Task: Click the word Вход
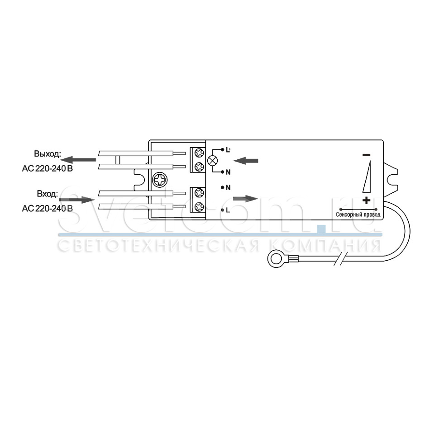[x=48, y=194]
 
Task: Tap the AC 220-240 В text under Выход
[x=47, y=169]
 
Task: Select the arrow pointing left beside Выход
[x=79, y=159]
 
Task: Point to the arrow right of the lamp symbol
[x=248, y=160]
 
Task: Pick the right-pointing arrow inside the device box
[x=245, y=199]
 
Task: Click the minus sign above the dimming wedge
[x=366, y=155]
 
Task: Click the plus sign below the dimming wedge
[x=366, y=200]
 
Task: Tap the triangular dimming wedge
[x=367, y=177]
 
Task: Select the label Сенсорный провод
[x=358, y=215]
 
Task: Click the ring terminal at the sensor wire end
[x=275, y=259]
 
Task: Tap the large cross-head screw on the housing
[x=160, y=181]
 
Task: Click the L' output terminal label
[x=228, y=149]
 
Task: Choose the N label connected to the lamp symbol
[x=228, y=172]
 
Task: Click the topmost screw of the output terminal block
[x=198, y=153]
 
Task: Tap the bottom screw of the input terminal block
[x=198, y=208]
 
